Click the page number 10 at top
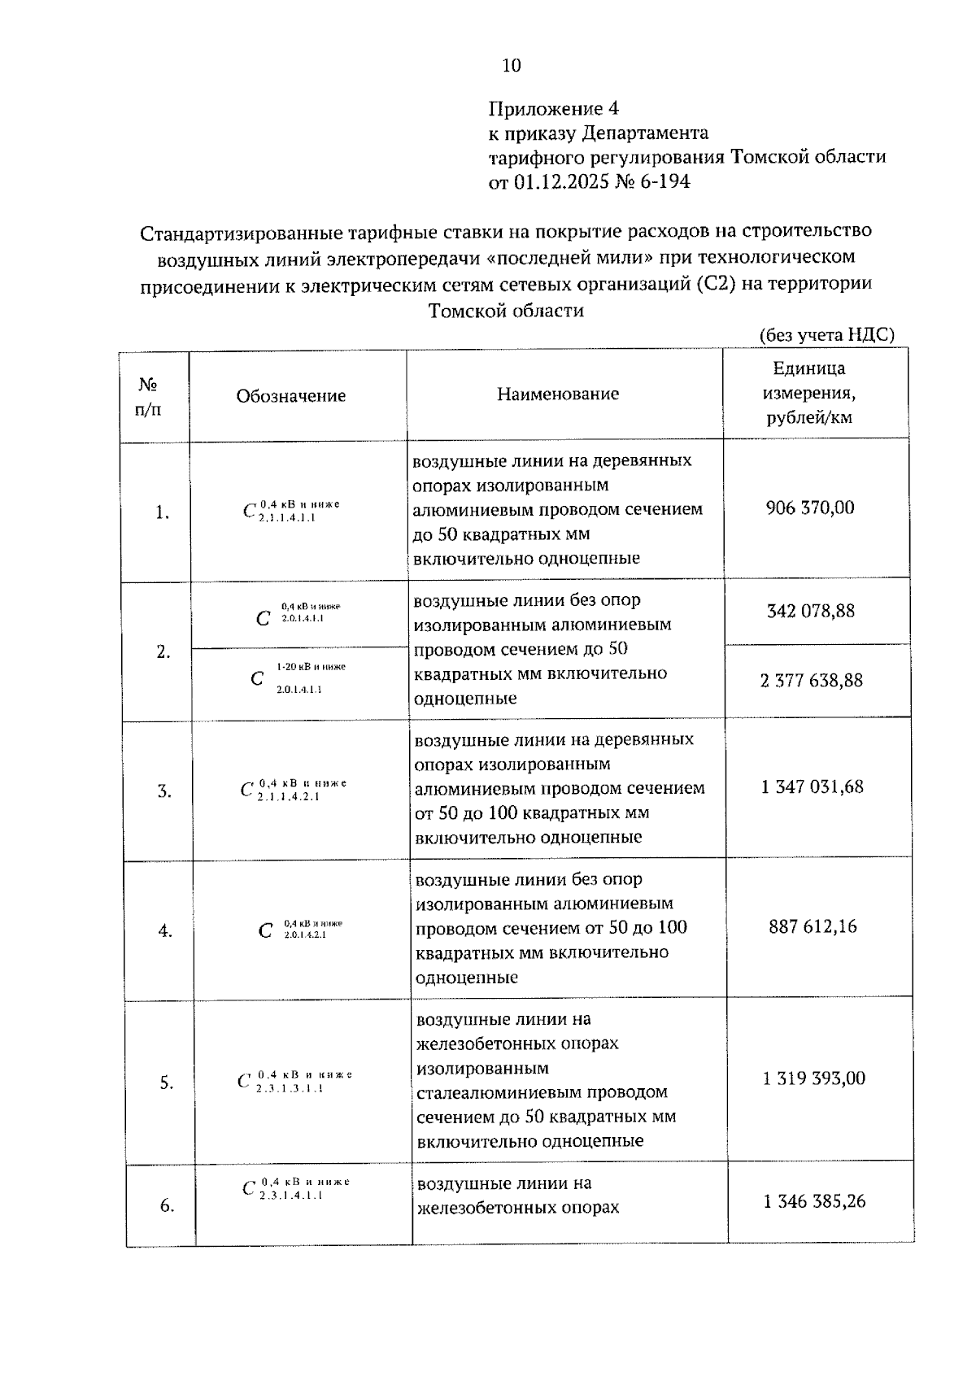click(x=512, y=66)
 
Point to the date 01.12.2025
click(x=560, y=182)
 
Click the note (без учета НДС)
click(x=826, y=335)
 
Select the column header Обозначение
click(x=291, y=396)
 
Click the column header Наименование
click(x=558, y=394)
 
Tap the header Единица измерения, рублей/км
click(x=808, y=394)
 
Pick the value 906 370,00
click(x=810, y=508)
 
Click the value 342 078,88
click(x=811, y=612)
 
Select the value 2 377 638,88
click(x=811, y=681)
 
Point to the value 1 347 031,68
click(x=812, y=787)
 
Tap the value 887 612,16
click(x=813, y=927)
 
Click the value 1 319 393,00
click(x=814, y=1078)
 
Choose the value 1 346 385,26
click(x=814, y=1202)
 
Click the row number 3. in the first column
click(x=164, y=791)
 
